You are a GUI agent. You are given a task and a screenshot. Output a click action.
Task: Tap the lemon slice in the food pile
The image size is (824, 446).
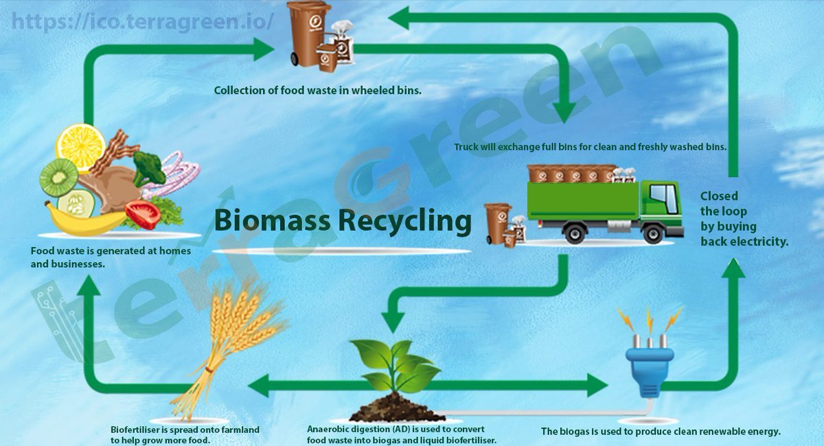tap(80, 145)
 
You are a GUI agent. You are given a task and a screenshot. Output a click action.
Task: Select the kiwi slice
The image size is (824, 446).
tap(58, 177)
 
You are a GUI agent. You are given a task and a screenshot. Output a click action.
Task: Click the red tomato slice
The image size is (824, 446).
tap(143, 214)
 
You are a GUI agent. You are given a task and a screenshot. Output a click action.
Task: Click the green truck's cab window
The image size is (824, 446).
tap(663, 198)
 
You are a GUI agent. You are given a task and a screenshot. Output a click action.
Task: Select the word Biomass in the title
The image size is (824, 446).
tap(264, 221)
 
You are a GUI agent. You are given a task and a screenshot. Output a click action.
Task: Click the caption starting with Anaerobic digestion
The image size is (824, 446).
tap(401, 435)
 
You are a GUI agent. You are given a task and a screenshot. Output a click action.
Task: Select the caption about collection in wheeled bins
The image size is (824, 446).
tap(317, 90)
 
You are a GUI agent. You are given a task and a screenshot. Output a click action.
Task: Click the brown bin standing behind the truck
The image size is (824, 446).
tap(497, 222)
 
